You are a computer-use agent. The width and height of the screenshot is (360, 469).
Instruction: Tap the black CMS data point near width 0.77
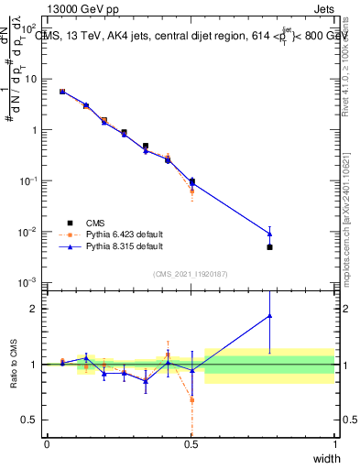(x=269, y=247)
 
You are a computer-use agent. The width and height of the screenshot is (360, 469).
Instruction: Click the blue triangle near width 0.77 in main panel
(x=269, y=234)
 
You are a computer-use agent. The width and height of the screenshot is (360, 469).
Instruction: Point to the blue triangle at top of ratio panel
(x=269, y=316)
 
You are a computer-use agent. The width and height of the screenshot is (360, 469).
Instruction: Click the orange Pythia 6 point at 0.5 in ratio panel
(x=191, y=399)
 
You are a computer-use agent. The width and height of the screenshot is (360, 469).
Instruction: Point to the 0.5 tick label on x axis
(x=191, y=444)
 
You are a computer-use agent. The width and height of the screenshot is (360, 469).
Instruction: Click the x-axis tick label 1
(x=334, y=444)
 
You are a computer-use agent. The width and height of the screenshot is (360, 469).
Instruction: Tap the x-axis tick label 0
(x=47, y=444)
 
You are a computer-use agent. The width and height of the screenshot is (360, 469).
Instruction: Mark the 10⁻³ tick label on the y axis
(x=31, y=281)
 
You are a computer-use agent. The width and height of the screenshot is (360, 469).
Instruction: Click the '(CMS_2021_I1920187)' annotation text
(x=191, y=274)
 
